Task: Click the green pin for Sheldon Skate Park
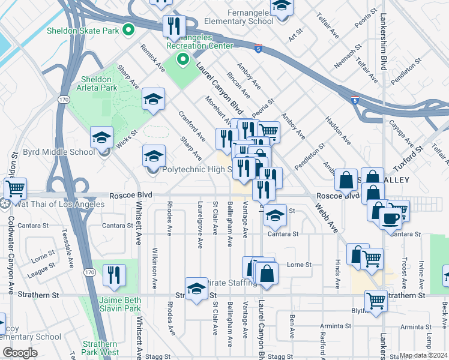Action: (x=128, y=29)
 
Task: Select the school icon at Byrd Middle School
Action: (x=102, y=139)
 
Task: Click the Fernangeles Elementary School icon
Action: (x=281, y=8)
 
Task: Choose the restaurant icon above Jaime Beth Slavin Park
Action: (x=114, y=276)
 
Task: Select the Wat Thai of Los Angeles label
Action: (x=56, y=204)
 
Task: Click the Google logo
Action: (x=20, y=353)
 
